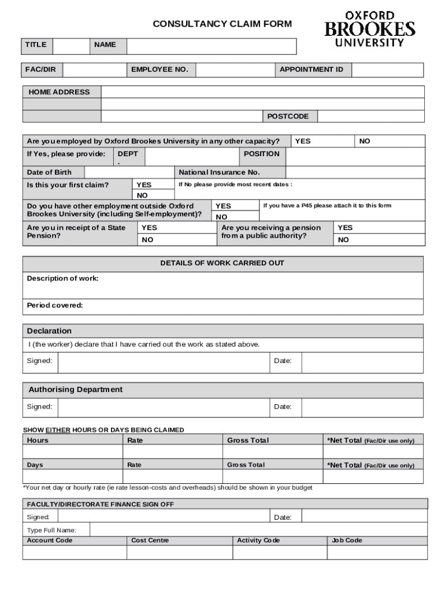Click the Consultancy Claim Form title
[222, 24]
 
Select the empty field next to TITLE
[71, 46]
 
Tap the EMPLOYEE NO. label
[160, 70]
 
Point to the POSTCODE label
[288, 117]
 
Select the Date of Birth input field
[129, 172]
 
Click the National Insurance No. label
[220, 172]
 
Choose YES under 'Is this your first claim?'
[144, 185]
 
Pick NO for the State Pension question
[148, 239]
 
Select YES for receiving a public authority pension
[345, 228]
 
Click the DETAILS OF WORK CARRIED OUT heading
[222, 264]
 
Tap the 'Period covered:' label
[55, 305]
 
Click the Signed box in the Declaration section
[164, 362]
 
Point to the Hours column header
[38, 441]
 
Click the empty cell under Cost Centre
[179, 553]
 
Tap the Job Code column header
[347, 541]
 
